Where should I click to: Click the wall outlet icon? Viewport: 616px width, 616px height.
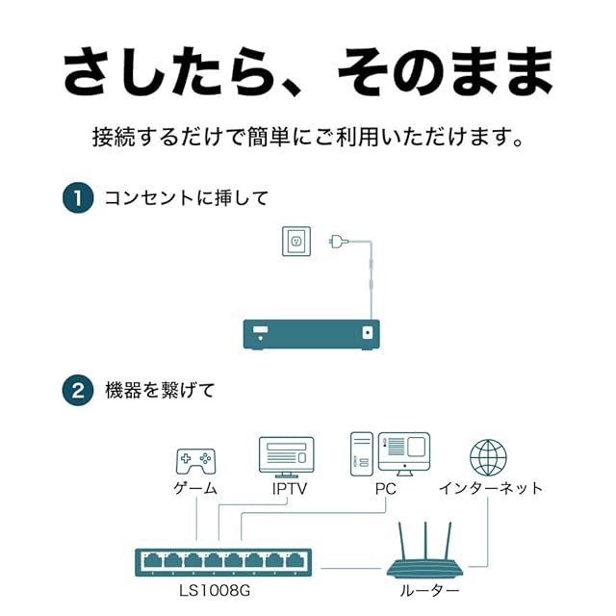(296, 241)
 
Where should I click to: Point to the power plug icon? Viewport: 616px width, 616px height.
(337, 241)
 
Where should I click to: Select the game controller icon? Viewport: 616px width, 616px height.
(195, 460)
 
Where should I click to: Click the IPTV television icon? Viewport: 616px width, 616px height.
(286, 456)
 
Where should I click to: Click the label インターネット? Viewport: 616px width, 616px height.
(490, 488)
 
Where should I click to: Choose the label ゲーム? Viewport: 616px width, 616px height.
(195, 488)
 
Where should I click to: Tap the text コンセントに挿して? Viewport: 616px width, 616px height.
(186, 198)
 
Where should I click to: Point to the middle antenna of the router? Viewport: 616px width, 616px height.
(423, 535)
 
